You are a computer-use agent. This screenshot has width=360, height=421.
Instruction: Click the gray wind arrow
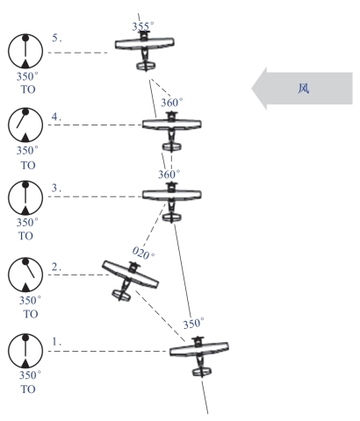302,89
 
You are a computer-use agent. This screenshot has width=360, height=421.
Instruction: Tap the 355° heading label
143,26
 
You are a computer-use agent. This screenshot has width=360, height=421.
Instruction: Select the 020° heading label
143,253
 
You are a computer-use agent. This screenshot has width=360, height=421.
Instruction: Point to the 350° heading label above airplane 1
193,324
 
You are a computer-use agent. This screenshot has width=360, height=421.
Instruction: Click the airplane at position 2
130,280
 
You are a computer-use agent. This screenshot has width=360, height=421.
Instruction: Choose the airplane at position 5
145,50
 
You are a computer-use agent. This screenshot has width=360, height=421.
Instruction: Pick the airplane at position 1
199,356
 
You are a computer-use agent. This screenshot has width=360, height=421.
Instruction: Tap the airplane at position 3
171,202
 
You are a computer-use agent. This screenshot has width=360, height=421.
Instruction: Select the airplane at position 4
171,131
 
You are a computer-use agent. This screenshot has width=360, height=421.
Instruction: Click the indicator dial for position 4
25,125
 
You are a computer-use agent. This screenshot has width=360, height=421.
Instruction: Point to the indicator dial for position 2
25,275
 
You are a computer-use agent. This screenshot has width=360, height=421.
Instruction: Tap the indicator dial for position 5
25,52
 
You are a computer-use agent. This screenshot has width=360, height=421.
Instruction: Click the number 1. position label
56,341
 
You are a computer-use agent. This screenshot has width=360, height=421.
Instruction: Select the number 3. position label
56,188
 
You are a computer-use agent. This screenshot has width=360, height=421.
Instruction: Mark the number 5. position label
57,38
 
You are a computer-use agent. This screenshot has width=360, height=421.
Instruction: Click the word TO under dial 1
28,389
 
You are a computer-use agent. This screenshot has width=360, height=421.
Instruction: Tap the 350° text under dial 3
27,223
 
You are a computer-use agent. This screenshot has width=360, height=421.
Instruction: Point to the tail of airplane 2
121,295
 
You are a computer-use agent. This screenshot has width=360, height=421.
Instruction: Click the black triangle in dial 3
25,210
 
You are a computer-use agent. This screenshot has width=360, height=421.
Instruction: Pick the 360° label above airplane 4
172,103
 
